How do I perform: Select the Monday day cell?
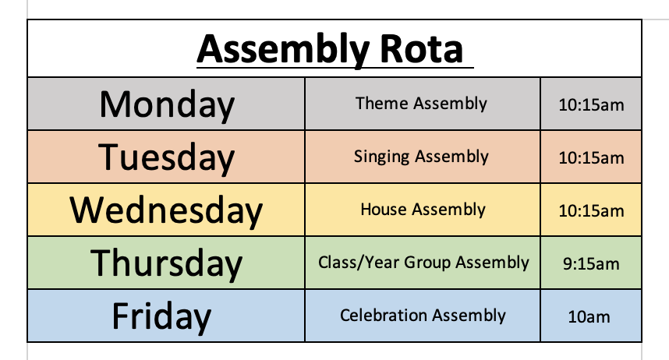(166, 104)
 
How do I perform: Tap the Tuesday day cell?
(166, 157)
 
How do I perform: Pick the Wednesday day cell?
(166, 210)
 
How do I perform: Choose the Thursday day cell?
(166, 263)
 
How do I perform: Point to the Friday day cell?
(166, 316)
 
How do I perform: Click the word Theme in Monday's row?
(382, 103)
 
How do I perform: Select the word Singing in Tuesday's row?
(382, 157)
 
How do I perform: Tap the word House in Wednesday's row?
(384, 210)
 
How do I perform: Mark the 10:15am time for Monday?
(591, 105)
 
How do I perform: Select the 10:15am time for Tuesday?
(591, 158)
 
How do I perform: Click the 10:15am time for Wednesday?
(591, 210)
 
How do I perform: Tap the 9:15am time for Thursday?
(591, 264)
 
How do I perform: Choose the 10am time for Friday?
(589, 317)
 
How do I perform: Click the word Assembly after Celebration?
(469, 316)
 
